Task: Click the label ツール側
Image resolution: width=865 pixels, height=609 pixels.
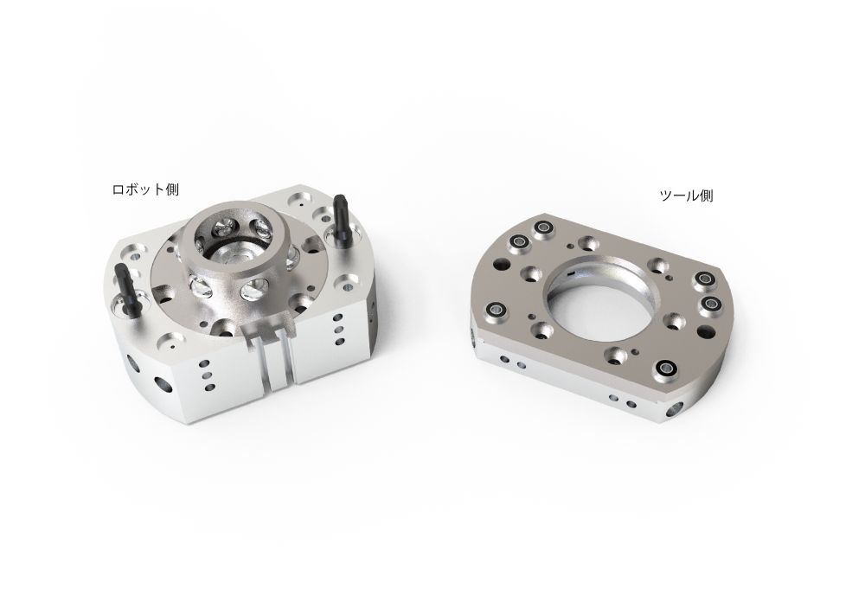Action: tap(686, 196)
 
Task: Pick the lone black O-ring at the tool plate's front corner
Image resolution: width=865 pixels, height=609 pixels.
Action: tap(667, 368)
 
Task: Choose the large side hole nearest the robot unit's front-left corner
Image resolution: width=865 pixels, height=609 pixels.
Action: tap(162, 381)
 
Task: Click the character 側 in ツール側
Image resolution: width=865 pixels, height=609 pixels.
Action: tap(706, 196)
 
